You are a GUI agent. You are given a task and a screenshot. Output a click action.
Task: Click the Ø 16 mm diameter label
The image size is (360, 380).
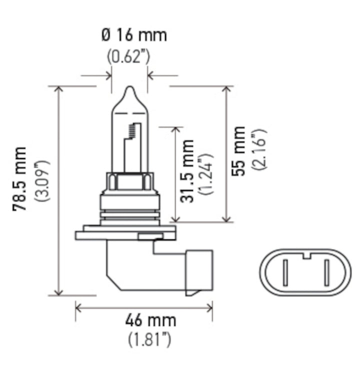pyautogui.click(x=133, y=35)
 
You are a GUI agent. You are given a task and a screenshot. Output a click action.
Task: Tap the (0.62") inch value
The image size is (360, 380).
pyautogui.click(x=129, y=56)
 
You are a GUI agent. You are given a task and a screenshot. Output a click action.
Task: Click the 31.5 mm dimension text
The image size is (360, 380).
pyautogui.click(x=187, y=171)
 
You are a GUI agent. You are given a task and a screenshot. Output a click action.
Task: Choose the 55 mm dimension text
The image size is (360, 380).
pyautogui.click(x=239, y=151)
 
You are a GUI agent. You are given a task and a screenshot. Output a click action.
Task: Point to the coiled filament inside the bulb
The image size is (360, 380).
pyautogui.click(x=132, y=132)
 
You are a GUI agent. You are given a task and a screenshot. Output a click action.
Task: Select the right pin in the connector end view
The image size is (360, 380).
pyautogui.click(x=325, y=273)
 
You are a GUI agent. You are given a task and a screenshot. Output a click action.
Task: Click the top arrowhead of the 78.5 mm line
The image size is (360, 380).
pyautogui.click(x=59, y=89)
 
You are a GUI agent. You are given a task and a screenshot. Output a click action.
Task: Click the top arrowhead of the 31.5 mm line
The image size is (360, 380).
pyautogui.click(x=175, y=130)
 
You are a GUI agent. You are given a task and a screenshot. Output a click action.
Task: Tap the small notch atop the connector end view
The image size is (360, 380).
pyautogui.click(x=305, y=256)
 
